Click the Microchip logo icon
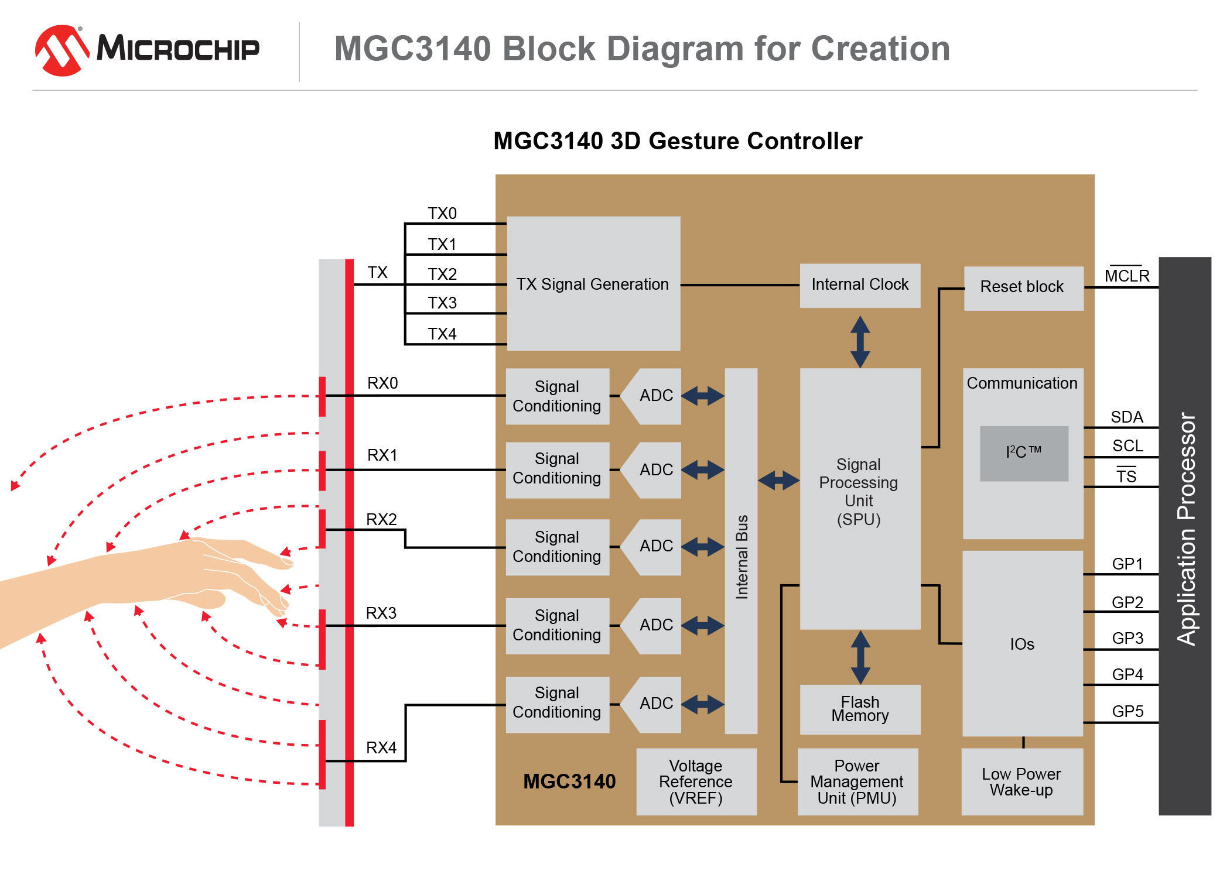click(61, 50)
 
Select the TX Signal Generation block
click(593, 284)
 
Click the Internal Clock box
click(859, 285)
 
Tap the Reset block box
click(1023, 287)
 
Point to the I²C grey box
click(1023, 453)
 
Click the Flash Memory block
click(859, 709)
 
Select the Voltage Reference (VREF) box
click(696, 781)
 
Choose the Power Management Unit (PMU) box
click(857, 781)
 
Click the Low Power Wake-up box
click(1021, 781)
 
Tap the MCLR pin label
click(1126, 275)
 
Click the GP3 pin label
click(1127, 638)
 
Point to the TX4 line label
click(442, 334)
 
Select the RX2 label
click(381, 519)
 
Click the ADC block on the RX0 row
click(655, 396)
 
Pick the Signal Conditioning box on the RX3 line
click(557, 625)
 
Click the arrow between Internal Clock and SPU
click(860, 342)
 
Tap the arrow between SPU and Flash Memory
click(860, 657)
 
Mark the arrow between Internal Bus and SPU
click(778, 481)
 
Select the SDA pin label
click(1126, 417)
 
